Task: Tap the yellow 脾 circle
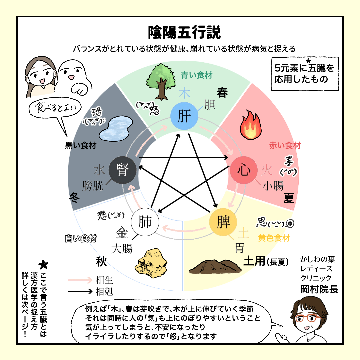(223, 222)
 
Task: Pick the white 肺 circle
(145, 222)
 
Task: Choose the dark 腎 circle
(123, 170)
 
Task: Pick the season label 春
(222, 93)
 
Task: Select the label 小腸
(273, 186)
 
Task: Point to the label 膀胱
(93, 186)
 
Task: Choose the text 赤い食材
(285, 145)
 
